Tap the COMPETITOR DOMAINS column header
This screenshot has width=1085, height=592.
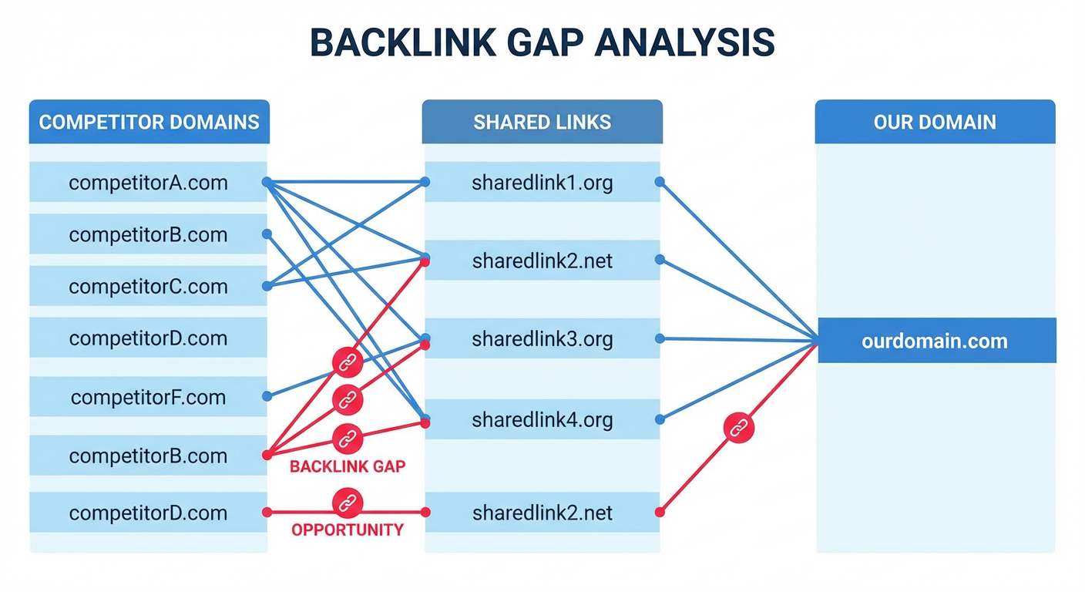click(x=149, y=122)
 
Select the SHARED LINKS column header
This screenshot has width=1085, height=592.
click(x=542, y=122)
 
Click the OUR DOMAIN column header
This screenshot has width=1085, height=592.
click(x=935, y=122)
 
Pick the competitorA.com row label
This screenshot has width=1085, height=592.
click(x=148, y=183)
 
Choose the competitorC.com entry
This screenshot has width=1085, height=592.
click(x=148, y=287)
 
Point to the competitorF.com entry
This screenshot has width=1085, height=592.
click(x=148, y=397)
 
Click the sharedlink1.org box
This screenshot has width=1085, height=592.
click(x=542, y=183)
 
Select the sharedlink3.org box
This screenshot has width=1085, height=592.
click(x=542, y=339)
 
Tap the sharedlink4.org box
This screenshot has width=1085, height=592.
click(x=542, y=420)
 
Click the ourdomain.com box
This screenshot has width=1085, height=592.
click(x=935, y=341)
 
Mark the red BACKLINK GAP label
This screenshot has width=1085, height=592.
click(x=348, y=466)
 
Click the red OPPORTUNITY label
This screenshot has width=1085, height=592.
click(x=348, y=530)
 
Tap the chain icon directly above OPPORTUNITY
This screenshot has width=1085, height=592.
click(x=347, y=502)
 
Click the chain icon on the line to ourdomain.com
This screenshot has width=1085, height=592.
click(x=739, y=427)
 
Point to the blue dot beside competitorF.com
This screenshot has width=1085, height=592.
click(x=267, y=396)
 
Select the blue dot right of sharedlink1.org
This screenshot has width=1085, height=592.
click(x=660, y=182)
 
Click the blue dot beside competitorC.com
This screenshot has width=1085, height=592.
click(x=267, y=286)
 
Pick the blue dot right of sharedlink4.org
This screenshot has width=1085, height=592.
click(x=660, y=420)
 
